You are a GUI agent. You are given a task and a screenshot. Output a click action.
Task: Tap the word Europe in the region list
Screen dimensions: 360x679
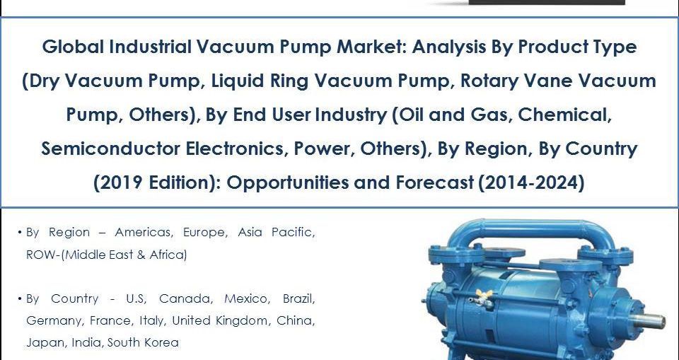point(204,232)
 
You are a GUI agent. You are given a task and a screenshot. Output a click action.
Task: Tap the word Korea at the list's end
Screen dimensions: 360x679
point(163,342)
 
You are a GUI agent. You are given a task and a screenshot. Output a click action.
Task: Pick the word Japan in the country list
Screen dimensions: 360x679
point(42,342)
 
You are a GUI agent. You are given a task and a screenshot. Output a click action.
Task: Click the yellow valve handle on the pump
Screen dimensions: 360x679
point(484,294)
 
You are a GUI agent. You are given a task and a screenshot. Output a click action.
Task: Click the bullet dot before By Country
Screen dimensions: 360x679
point(20,298)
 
